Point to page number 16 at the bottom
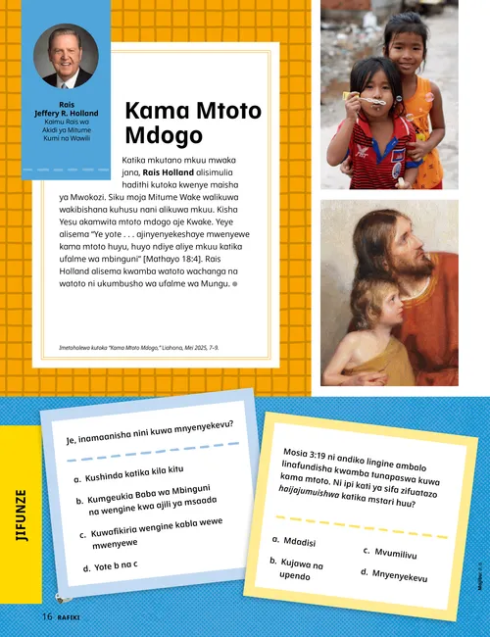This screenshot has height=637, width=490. tap(46, 617)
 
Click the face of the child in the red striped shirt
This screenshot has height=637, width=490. tap(361, 83)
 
